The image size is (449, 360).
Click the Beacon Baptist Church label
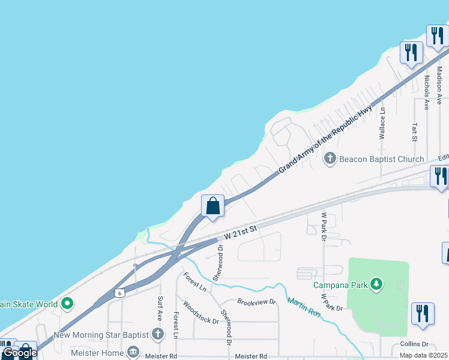382,159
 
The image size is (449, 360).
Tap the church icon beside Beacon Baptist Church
330,159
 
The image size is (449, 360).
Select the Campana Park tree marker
376,284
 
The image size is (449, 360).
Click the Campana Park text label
340,285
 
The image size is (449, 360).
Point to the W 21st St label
240,233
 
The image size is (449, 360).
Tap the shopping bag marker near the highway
212,206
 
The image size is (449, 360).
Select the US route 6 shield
119,293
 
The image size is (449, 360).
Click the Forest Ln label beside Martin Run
194,282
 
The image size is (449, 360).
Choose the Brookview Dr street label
256,301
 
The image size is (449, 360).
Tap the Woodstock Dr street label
200,312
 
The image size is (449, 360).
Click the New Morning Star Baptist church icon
158,334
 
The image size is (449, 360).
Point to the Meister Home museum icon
134,351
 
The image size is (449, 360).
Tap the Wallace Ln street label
382,124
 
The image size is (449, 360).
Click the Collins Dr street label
416,344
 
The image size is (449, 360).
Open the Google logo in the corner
19,353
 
